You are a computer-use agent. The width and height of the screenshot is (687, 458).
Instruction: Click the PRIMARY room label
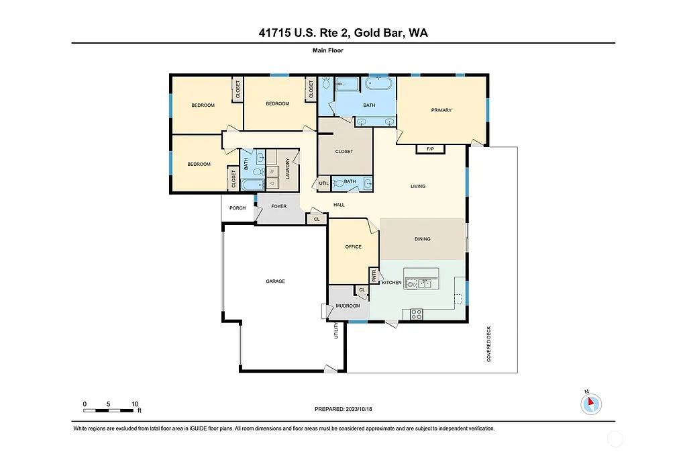pyautogui.click(x=441, y=110)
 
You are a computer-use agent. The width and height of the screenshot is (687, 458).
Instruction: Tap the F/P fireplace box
pyautogui.click(x=430, y=149)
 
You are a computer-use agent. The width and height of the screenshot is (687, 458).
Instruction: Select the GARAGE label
pyautogui.click(x=275, y=281)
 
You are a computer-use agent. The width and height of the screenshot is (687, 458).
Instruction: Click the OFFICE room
pyautogui.click(x=353, y=247)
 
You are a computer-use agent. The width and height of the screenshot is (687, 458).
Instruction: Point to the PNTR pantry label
pyautogui.click(x=374, y=275)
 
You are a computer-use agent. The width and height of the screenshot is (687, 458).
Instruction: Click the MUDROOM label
pyautogui.click(x=348, y=306)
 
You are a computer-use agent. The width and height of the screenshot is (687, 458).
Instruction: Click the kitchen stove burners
pyautogui.click(x=415, y=313)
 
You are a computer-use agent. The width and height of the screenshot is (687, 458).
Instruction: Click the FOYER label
pyautogui.click(x=278, y=206)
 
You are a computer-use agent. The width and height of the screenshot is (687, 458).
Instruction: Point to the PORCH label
pyautogui.click(x=237, y=208)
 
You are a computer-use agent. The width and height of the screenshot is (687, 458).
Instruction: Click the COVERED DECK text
pyautogui.click(x=489, y=345)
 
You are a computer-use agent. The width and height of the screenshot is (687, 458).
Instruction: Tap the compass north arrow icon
pyautogui.click(x=591, y=404)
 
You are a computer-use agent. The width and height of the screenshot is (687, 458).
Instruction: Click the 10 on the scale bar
pyautogui.click(x=135, y=404)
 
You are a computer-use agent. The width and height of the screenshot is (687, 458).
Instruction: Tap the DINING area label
pyautogui.click(x=422, y=239)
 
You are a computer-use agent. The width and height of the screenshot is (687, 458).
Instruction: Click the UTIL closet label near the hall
pyautogui.click(x=323, y=183)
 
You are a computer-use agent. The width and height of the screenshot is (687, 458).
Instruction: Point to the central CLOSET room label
pyautogui.click(x=343, y=152)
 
